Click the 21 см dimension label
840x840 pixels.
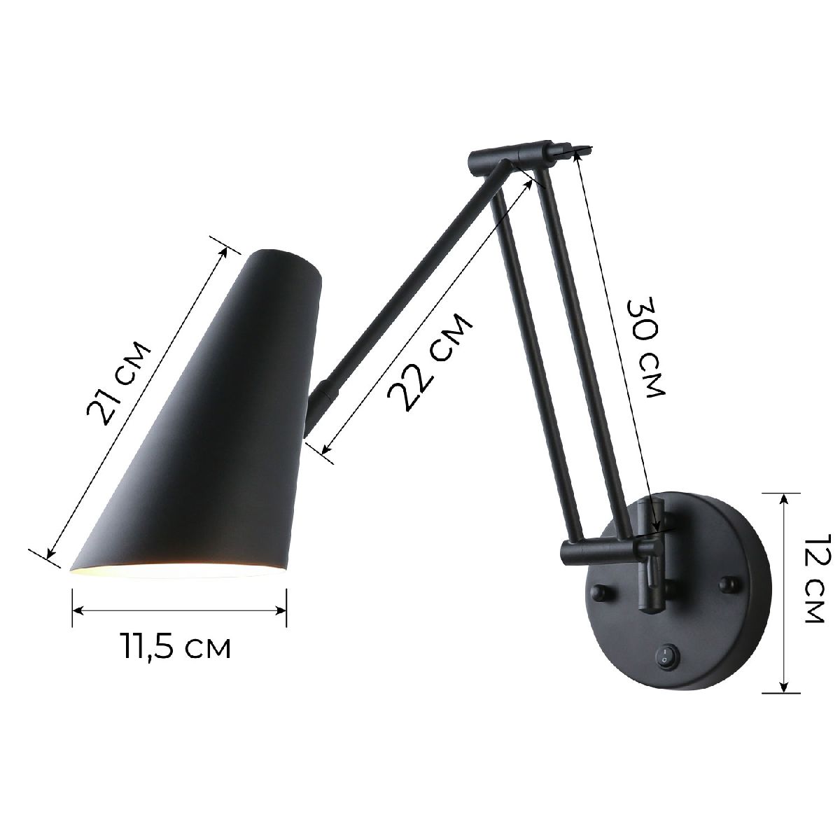click(118, 384)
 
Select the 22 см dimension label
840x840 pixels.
click(428, 363)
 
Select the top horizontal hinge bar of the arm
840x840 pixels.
click(507, 154)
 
